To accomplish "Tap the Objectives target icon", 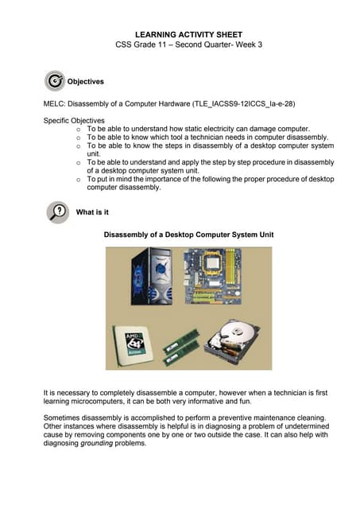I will coord(55,80).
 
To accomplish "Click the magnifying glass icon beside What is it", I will coord(57,212).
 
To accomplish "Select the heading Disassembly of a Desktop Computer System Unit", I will coord(188,235).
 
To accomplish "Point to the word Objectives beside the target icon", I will coord(85,81).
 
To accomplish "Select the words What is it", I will coord(92,212).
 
